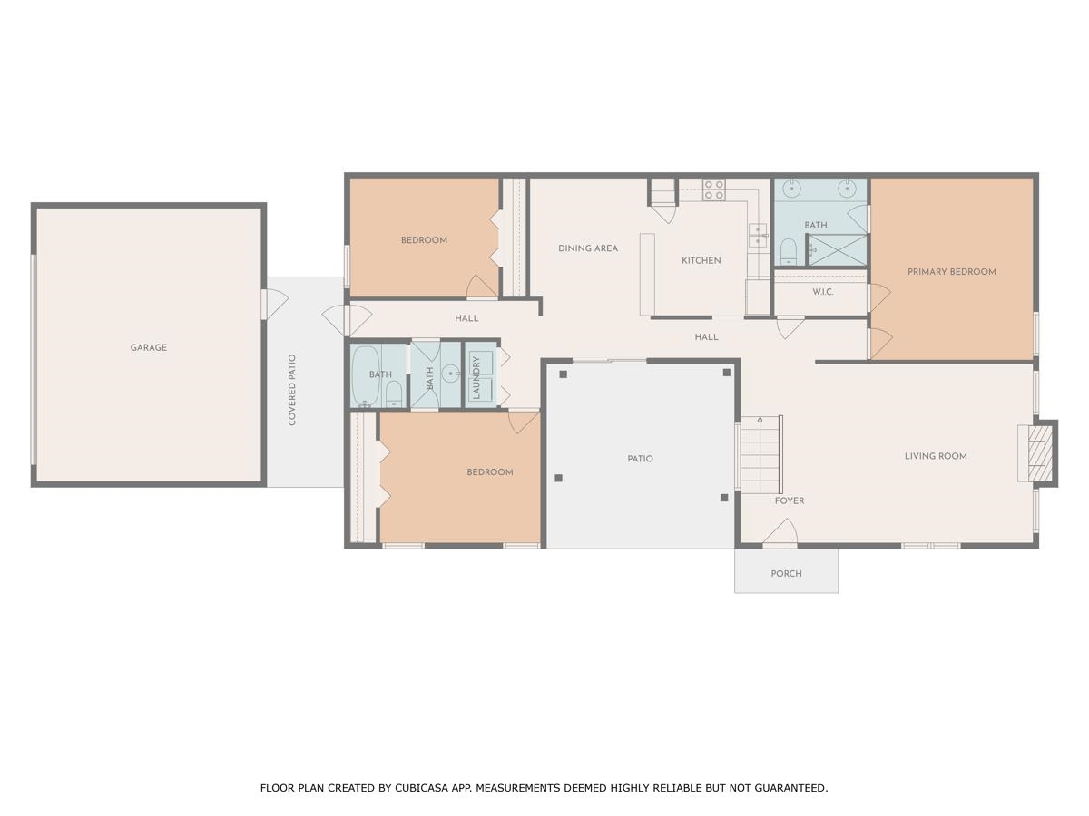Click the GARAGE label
point(148,347)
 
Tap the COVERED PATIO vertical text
point(292,390)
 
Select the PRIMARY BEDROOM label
point(951,271)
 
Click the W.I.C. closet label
point(822,292)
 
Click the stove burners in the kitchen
point(714,189)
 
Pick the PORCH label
point(786,573)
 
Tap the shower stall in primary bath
point(837,249)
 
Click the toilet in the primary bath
point(788,249)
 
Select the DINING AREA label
point(587,248)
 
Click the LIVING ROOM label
point(935,456)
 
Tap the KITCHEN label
point(701,260)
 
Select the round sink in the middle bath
point(451,372)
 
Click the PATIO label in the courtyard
point(640,459)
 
